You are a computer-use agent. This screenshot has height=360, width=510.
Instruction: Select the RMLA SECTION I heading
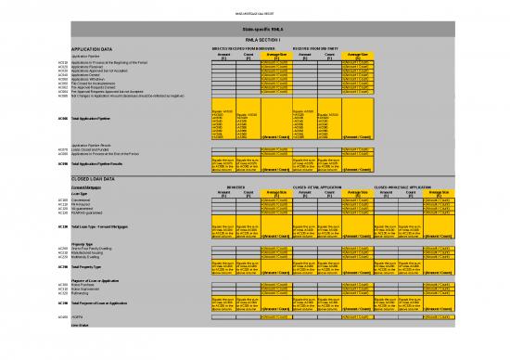255,41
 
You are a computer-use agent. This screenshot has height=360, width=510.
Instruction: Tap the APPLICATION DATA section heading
92,48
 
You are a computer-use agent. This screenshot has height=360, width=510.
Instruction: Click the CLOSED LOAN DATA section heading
94,177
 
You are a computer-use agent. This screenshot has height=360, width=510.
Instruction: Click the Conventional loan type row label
82,199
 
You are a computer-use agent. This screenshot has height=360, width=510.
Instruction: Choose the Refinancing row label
82,292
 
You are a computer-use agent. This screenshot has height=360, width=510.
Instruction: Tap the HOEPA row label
77,317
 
